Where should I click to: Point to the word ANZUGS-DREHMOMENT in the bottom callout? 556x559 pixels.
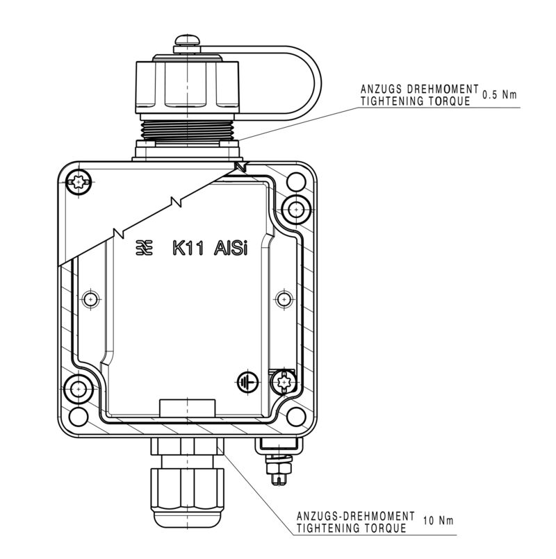[355, 517]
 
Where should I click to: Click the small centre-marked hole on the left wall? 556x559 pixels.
[88, 299]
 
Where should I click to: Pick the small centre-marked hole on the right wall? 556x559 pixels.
[282, 299]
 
